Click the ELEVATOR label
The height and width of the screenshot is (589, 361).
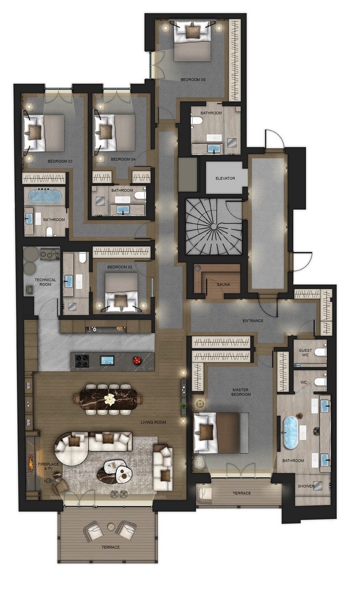tap(225, 178)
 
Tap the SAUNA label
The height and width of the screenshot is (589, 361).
tap(223, 284)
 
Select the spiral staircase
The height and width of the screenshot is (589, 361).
tap(214, 227)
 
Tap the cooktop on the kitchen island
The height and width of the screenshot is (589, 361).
tap(83, 361)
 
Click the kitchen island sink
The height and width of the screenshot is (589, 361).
tap(107, 360)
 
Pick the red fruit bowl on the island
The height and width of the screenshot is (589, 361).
tap(137, 360)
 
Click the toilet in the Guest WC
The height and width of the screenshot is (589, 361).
tap(320, 353)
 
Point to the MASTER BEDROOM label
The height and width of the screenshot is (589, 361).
tap(241, 392)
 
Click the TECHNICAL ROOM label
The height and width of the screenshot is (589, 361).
tap(45, 282)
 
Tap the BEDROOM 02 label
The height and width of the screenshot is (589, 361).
tap(120, 267)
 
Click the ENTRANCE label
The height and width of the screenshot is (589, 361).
tap(253, 321)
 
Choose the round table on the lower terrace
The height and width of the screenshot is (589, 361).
tap(111, 527)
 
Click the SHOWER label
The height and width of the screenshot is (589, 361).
tap(306, 486)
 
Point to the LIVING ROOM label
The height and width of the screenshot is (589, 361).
tap(153, 423)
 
